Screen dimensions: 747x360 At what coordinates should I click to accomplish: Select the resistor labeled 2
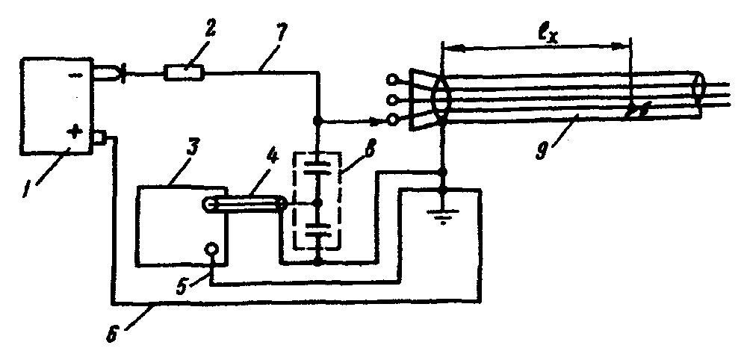(185, 73)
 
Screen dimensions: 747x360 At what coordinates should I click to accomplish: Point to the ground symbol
(443, 215)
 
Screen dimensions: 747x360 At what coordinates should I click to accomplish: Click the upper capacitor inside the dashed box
(317, 167)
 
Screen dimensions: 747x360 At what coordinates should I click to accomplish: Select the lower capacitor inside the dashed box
(317, 232)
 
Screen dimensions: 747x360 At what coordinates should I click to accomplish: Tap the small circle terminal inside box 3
(211, 249)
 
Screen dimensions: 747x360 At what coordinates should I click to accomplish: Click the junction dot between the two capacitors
(320, 203)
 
